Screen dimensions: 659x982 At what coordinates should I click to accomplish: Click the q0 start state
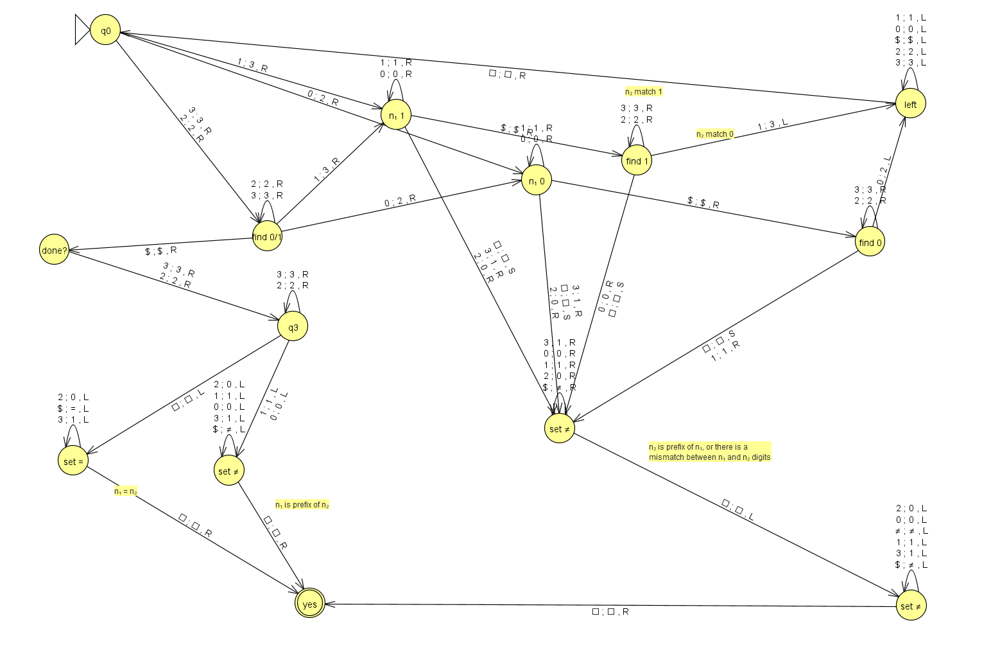pos(105,30)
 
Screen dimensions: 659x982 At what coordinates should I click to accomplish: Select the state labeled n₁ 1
pos(397,114)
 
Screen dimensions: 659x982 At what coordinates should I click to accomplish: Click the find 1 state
pos(637,161)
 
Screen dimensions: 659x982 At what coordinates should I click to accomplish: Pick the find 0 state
pos(870,242)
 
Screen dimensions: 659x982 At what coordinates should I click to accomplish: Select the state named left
pos(911,103)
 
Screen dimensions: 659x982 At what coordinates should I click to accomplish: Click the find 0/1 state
pos(267,236)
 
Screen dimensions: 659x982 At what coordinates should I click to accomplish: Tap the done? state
pos(55,249)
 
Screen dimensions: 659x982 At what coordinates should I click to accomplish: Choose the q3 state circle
pos(293,326)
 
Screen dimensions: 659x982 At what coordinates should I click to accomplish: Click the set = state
pos(73,461)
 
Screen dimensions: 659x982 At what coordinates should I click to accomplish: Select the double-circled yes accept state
pos(310,603)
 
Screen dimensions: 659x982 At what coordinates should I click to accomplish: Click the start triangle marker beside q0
pos(82,30)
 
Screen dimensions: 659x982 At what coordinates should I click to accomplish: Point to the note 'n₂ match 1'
pos(643,92)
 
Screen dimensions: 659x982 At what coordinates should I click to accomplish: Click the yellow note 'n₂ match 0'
pos(715,134)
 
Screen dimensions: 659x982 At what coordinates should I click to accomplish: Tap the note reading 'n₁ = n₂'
pos(126,491)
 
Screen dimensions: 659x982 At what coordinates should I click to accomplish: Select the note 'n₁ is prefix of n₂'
pos(302,505)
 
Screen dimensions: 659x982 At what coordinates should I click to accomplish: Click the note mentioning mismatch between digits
pos(709,452)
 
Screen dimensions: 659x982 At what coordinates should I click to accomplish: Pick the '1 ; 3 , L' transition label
pos(772,125)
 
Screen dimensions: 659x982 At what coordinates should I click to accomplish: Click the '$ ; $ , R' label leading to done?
pos(161,250)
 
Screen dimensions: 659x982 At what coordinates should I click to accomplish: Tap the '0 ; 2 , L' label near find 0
pos(884,170)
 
